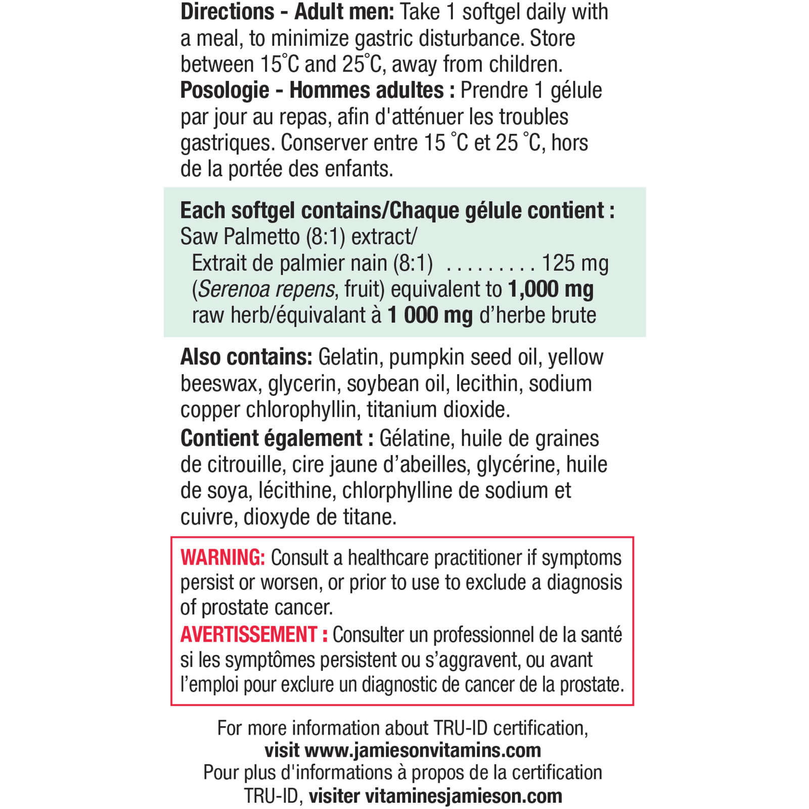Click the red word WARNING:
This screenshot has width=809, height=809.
[x=222, y=558]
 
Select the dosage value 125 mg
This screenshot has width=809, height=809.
[x=575, y=263]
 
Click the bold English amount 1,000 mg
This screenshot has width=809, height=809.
[x=551, y=289]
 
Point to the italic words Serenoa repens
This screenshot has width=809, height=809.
[x=266, y=290]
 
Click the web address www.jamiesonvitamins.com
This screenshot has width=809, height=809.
[x=423, y=750]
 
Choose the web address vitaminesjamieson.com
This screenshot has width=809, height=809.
[x=463, y=796]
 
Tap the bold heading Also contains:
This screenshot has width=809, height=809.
[x=246, y=357]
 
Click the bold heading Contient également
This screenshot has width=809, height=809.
[x=272, y=438]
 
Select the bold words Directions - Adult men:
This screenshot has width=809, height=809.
[x=287, y=12]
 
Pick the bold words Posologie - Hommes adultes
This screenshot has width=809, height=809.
[x=312, y=91]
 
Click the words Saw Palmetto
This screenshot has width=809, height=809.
[x=240, y=237]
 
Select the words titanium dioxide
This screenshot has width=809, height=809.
[x=438, y=410]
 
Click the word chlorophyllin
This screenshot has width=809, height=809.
[x=301, y=410]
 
